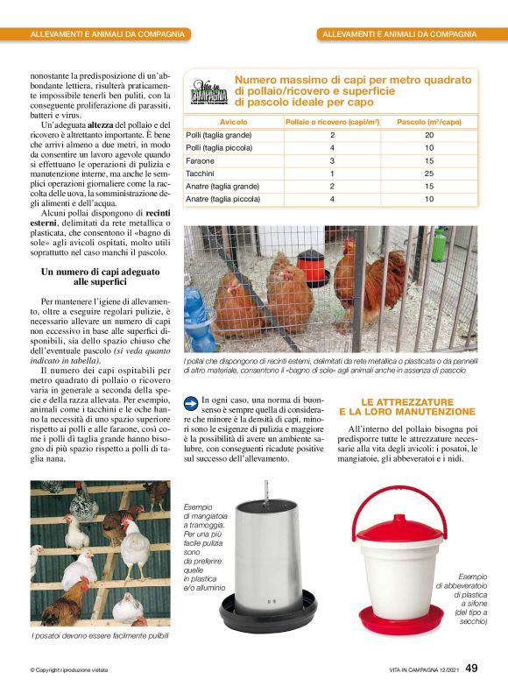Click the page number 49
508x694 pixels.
click(471, 669)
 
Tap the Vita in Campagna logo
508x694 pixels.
click(209, 91)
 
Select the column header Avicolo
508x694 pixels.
click(233, 122)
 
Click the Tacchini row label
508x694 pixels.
click(201, 173)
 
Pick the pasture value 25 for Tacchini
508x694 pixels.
click(429, 173)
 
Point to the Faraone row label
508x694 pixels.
click(201, 161)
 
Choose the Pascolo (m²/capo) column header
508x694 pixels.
click(429, 122)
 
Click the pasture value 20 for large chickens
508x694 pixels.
click(429, 135)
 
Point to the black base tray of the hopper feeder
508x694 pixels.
click(268, 613)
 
